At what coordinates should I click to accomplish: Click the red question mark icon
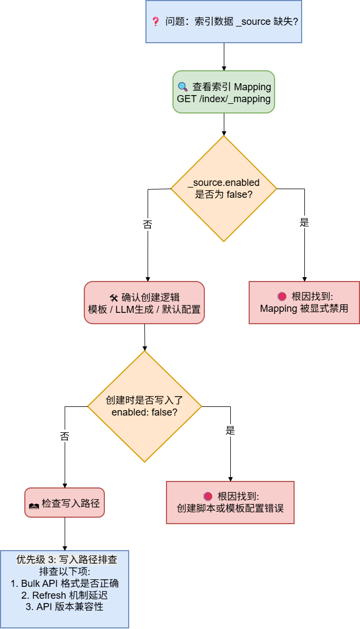coord(156,22)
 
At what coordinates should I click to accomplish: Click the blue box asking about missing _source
coord(223,22)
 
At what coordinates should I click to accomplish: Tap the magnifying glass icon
coord(183,86)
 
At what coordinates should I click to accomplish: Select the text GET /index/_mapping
coord(223,99)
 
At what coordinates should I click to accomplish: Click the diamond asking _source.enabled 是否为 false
coord(223,189)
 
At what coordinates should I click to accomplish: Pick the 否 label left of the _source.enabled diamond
coord(147,224)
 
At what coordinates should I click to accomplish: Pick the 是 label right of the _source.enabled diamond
coord(304,222)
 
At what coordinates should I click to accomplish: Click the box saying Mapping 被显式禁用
coord(304,303)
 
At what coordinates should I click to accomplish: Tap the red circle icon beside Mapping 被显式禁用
coord(282,296)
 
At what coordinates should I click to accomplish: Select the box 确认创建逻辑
coord(144,303)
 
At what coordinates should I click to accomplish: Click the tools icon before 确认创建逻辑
coord(114,297)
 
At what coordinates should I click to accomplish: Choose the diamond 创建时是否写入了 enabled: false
coord(144,406)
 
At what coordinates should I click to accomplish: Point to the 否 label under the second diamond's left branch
coord(64,437)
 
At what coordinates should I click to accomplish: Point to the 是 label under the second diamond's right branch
coord(230,431)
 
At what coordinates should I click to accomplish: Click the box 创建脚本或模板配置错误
coord(230,503)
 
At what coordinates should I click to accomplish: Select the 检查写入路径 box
coord(64,503)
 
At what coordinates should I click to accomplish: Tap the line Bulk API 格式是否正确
coord(64,583)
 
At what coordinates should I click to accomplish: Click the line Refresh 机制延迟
coord(64,595)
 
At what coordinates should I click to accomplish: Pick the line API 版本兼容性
coord(64,606)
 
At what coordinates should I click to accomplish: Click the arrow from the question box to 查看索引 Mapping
coord(223,56)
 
